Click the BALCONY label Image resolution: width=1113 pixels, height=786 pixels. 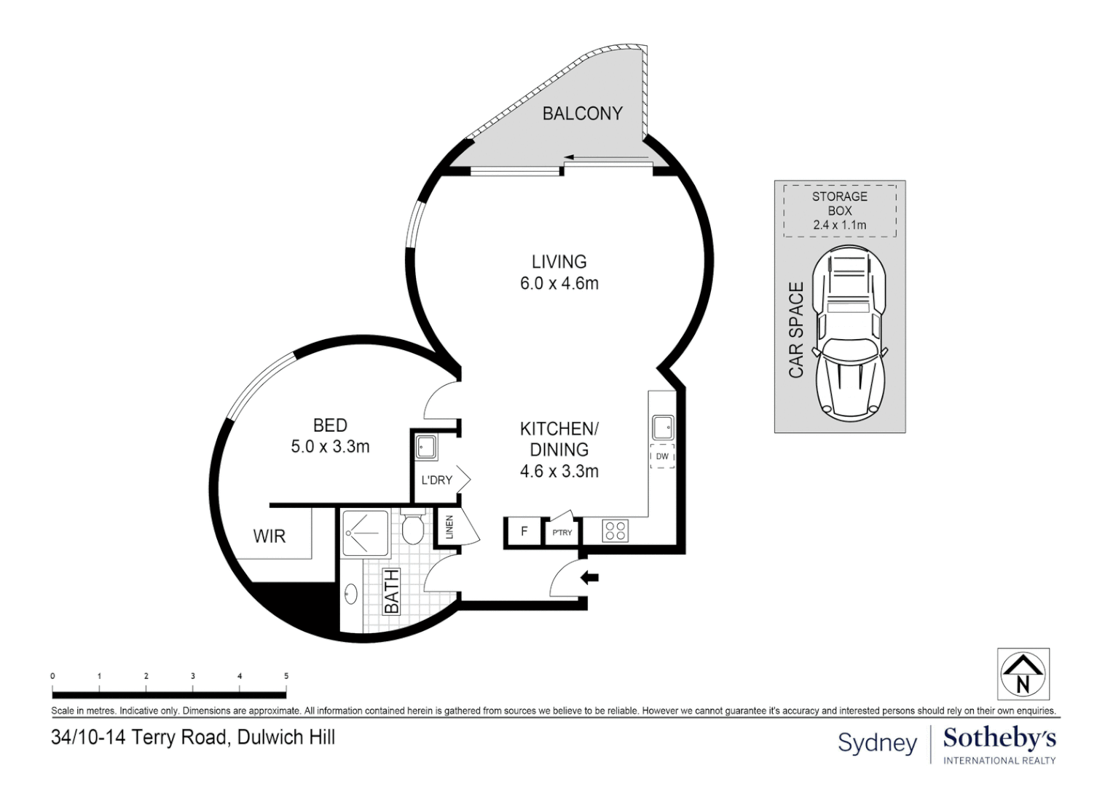582,114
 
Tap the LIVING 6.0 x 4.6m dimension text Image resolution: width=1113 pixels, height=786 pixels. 559,284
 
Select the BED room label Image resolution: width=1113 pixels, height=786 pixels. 330,425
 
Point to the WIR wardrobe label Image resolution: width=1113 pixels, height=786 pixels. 269,536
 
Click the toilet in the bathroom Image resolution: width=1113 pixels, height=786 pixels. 413,527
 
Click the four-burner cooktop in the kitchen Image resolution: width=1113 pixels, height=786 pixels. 615,531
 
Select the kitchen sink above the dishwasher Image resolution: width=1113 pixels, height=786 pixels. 662,426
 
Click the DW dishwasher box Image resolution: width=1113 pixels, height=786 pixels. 662,456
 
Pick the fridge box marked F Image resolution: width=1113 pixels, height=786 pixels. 523,531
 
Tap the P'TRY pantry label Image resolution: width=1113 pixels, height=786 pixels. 562,533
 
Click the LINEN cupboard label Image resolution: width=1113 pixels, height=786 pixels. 449,526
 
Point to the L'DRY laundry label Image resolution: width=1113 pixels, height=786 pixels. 436,480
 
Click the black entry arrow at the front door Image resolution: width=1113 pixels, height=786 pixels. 589,578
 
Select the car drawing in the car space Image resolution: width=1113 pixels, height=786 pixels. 852,331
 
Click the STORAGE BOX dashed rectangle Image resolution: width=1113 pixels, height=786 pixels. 840,210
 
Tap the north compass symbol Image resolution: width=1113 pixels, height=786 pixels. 1023,674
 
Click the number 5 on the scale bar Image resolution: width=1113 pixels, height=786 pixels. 286,676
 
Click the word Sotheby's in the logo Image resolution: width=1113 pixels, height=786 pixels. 999,738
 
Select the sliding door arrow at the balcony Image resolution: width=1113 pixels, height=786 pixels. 605,157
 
